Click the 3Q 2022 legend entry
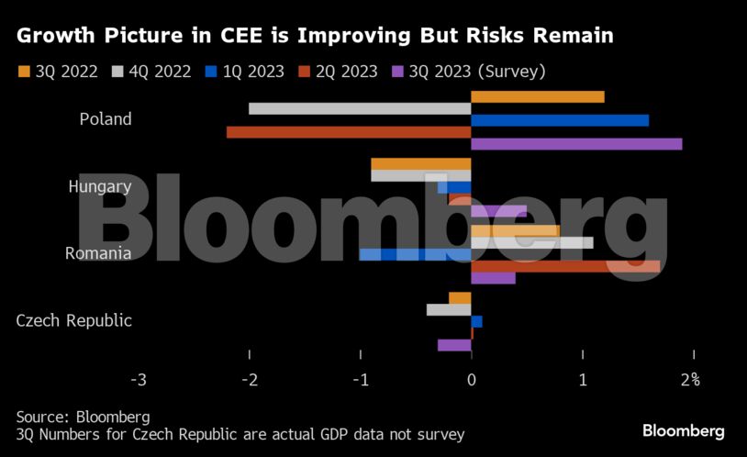click(57, 72)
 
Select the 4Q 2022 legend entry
click(151, 72)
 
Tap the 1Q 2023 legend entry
click(243, 72)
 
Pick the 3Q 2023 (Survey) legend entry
click(467, 72)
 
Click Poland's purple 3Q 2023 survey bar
click(576, 144)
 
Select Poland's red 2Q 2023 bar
click(349, 132)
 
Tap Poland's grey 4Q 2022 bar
click(360, 108)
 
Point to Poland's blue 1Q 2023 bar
click(560, 120)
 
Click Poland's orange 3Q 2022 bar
click(538, 96)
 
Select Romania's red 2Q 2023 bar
click(565, 266)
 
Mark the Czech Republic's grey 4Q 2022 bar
click(449, 309)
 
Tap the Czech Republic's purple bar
click(454, 345)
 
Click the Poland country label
click(106, 119)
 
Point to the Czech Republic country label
click(74, 321)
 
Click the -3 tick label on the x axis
click(139, 379)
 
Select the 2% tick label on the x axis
click(690, 379)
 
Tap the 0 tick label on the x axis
click(471, 379)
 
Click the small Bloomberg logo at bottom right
click(683, 430)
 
